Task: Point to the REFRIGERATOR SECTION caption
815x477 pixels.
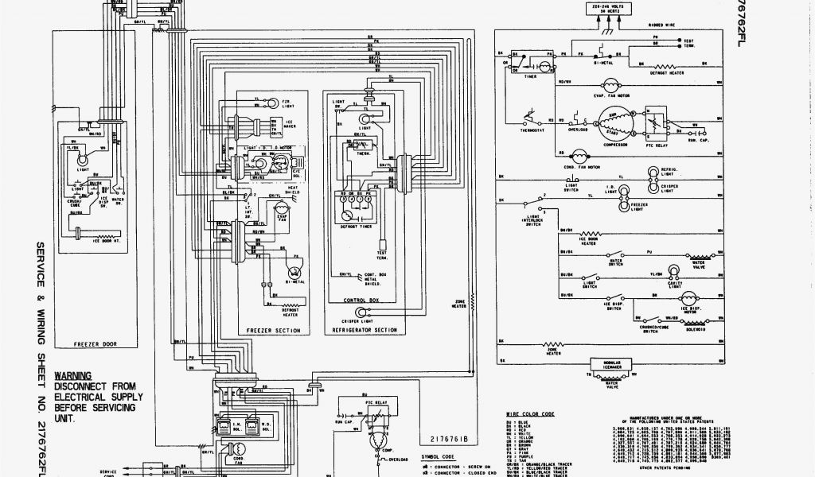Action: coord(365,328)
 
